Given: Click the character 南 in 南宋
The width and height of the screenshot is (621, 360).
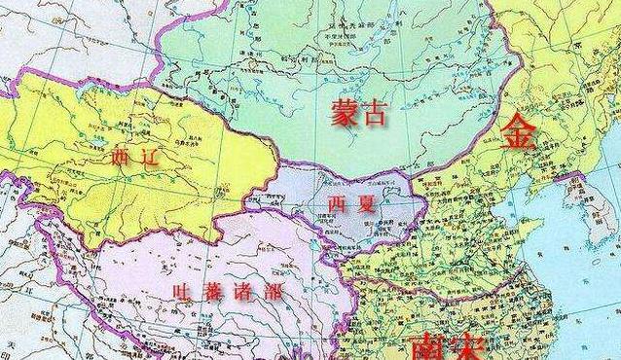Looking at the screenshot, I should click(429, 345).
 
